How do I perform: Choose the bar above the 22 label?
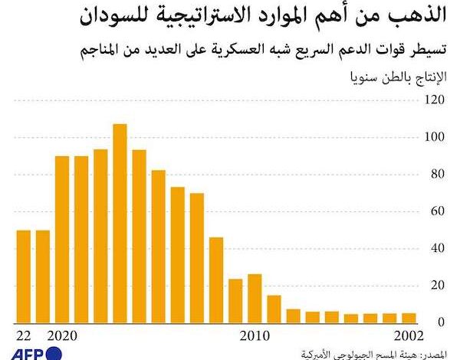[23, 276]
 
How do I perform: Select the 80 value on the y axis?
[437, 174]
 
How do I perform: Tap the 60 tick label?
[437, 211]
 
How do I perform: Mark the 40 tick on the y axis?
[437, 248]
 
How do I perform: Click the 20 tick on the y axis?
[437, 285]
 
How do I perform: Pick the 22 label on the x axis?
[23, 335]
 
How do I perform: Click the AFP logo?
[30, 352]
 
